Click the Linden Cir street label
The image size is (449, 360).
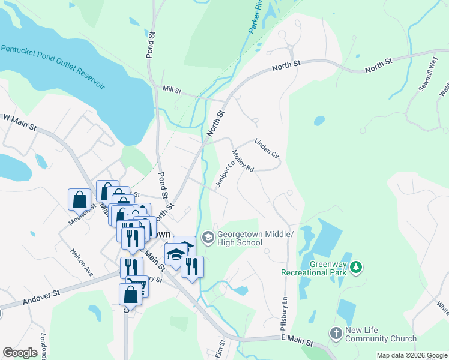coord(267,149)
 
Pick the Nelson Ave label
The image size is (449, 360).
coord(82,263)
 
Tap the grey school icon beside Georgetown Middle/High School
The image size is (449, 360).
coord(208,238)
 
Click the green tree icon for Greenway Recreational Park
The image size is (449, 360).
coord(357,267)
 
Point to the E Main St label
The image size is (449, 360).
coord(297,343)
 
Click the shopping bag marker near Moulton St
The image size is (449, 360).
coord(79,199)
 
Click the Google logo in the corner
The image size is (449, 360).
coord(20,353)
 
